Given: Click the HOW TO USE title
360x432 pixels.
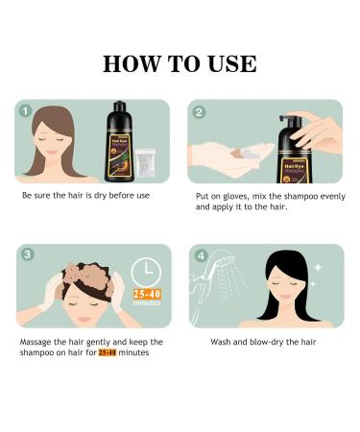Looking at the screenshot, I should (x=180, y=63).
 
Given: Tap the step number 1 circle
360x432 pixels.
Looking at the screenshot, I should (x=26, y=111).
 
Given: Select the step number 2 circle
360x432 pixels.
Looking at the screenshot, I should (x=200, y=111).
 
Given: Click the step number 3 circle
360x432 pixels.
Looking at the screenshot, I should (x=26, y=255).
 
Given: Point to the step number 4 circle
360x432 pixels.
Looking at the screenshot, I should (x=200, y=255).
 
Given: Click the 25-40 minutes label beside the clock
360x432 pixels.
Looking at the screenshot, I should (x=146, y=299).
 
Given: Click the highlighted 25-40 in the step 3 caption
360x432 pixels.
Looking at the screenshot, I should (x=107, y=352).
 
